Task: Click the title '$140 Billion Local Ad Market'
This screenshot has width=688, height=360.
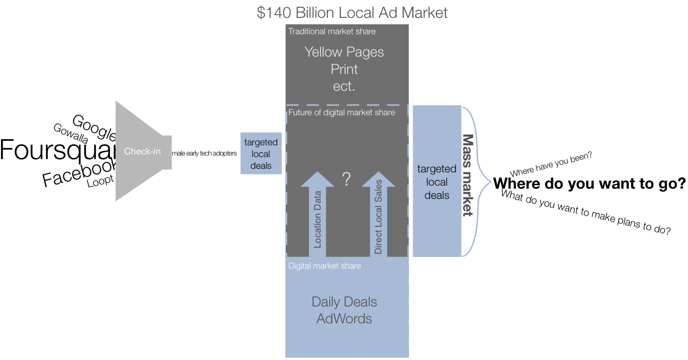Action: click(352, 12)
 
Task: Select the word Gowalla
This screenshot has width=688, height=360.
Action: click(71, 134)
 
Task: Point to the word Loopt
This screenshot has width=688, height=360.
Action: click(100, 181)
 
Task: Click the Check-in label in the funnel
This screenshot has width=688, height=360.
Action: click(142, 151)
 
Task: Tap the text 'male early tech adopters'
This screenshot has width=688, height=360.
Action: click(204, 153)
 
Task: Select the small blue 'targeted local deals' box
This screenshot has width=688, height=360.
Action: click(261, 153)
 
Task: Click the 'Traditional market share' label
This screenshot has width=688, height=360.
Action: click(332, 32)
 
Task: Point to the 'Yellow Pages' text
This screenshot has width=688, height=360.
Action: click(344, 52)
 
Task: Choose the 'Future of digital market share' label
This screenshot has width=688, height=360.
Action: click(341, 113)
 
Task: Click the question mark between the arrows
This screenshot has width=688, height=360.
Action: click(347, 179)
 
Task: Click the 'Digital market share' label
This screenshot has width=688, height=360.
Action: click(324, 266)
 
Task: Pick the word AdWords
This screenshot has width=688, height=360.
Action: click(344, 319)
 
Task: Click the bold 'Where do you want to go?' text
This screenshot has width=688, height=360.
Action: click(589, 184)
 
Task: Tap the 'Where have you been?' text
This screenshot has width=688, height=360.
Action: click(551, 164)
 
